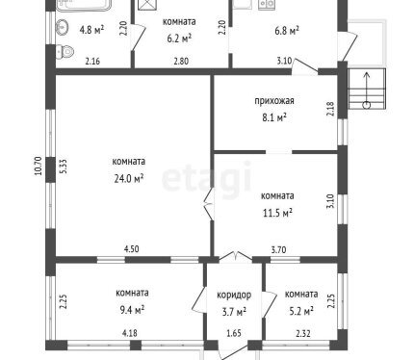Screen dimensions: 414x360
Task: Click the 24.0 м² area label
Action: [129, 178]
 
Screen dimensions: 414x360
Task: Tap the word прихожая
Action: [274, 101]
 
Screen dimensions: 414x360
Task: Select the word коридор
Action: [234, 295]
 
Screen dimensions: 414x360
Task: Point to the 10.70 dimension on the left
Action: [39, 166]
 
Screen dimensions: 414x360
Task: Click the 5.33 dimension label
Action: [64, 167]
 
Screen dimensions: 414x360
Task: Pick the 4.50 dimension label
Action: [132, 248]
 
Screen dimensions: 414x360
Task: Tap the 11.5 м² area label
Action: [277, 213]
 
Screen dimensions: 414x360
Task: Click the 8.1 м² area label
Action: [274, 117]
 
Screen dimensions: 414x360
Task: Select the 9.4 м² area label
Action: [132, 310]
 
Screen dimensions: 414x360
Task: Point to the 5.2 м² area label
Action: [301, 311]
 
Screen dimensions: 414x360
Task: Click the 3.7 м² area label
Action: [234, 312]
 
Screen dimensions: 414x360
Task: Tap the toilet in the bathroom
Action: [65, 51]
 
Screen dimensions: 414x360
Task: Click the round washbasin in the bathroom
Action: [63, 27]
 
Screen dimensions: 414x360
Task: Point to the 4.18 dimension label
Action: [130, 333]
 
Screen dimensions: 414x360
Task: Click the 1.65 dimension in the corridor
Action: [234, 333]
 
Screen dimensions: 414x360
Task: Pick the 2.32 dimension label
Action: [303, 334]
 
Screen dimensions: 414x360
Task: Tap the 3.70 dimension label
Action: [278, 249]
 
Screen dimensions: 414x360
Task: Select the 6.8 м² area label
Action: [287, 31]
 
